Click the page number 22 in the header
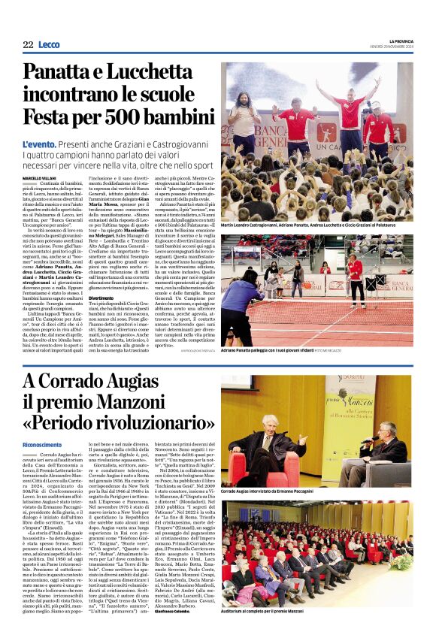[27, 44]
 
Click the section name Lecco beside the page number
[49, 44]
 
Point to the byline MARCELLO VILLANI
[41, 178]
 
